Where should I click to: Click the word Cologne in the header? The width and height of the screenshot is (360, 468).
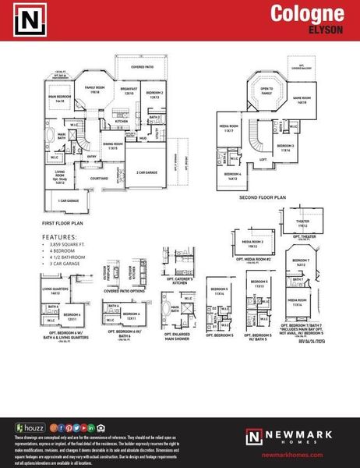(x=307, y=13)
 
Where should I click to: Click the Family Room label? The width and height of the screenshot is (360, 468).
(x=94, y=89)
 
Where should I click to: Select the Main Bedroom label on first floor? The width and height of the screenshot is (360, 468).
(x=60, y=98)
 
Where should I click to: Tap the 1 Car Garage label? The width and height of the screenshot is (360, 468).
(x=69, y=201)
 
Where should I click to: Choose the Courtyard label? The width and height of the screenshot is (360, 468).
(x=98, y=178)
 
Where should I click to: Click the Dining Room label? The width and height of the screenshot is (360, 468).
(x=115, y=145)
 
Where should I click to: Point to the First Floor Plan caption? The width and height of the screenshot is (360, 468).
(x=63, y=222)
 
